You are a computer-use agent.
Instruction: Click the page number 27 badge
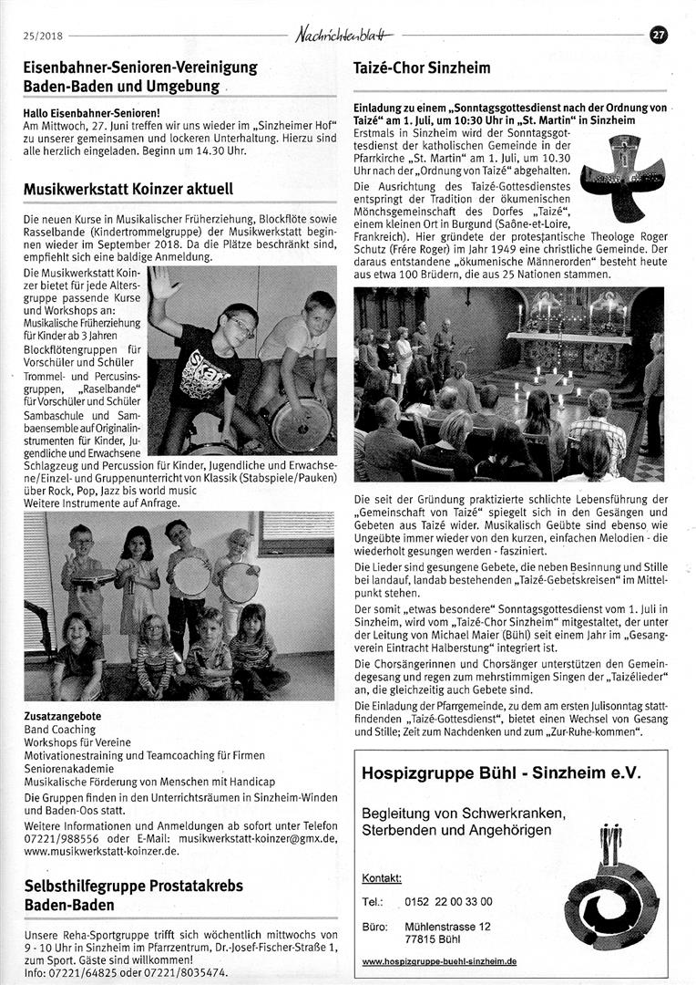tap(659, 35)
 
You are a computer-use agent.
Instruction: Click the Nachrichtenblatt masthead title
tap(345, 35)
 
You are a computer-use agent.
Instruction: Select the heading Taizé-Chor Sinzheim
tap(422, 67)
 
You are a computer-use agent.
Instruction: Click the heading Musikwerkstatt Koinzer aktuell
tap(128, 190)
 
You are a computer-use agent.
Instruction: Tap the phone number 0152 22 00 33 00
tap(448, 901)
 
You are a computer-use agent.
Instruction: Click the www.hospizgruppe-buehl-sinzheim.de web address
tap(439, 960)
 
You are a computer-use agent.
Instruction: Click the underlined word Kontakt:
tap(382, 878)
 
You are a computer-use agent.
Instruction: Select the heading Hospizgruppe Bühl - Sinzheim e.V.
tap(501, 772)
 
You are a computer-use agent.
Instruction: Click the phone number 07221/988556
tap(60, 838)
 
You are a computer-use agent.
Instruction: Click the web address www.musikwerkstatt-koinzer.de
tap(101, 851)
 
